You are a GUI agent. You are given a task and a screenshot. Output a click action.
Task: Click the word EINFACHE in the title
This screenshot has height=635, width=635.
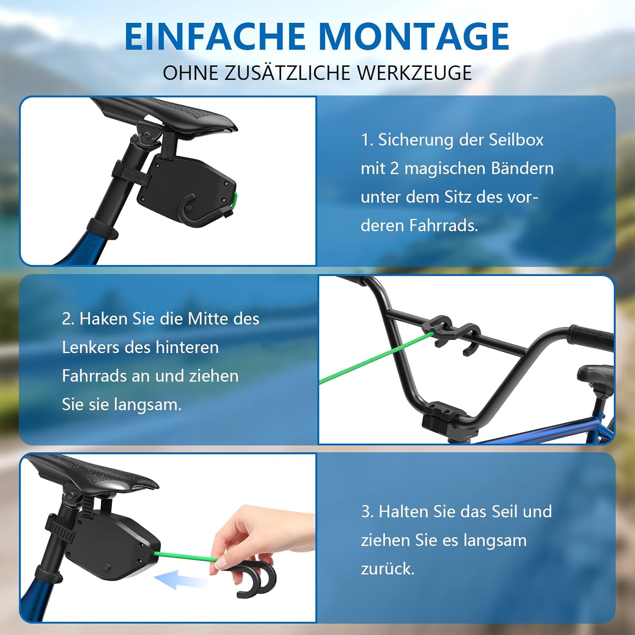[215, 36]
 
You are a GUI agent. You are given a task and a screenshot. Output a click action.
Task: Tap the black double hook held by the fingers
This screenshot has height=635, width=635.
[254, 579]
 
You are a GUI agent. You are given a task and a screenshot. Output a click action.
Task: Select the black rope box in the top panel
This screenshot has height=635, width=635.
[188, 186]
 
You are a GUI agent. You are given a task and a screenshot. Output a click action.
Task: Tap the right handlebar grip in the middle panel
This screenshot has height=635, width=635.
[591, 338]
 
